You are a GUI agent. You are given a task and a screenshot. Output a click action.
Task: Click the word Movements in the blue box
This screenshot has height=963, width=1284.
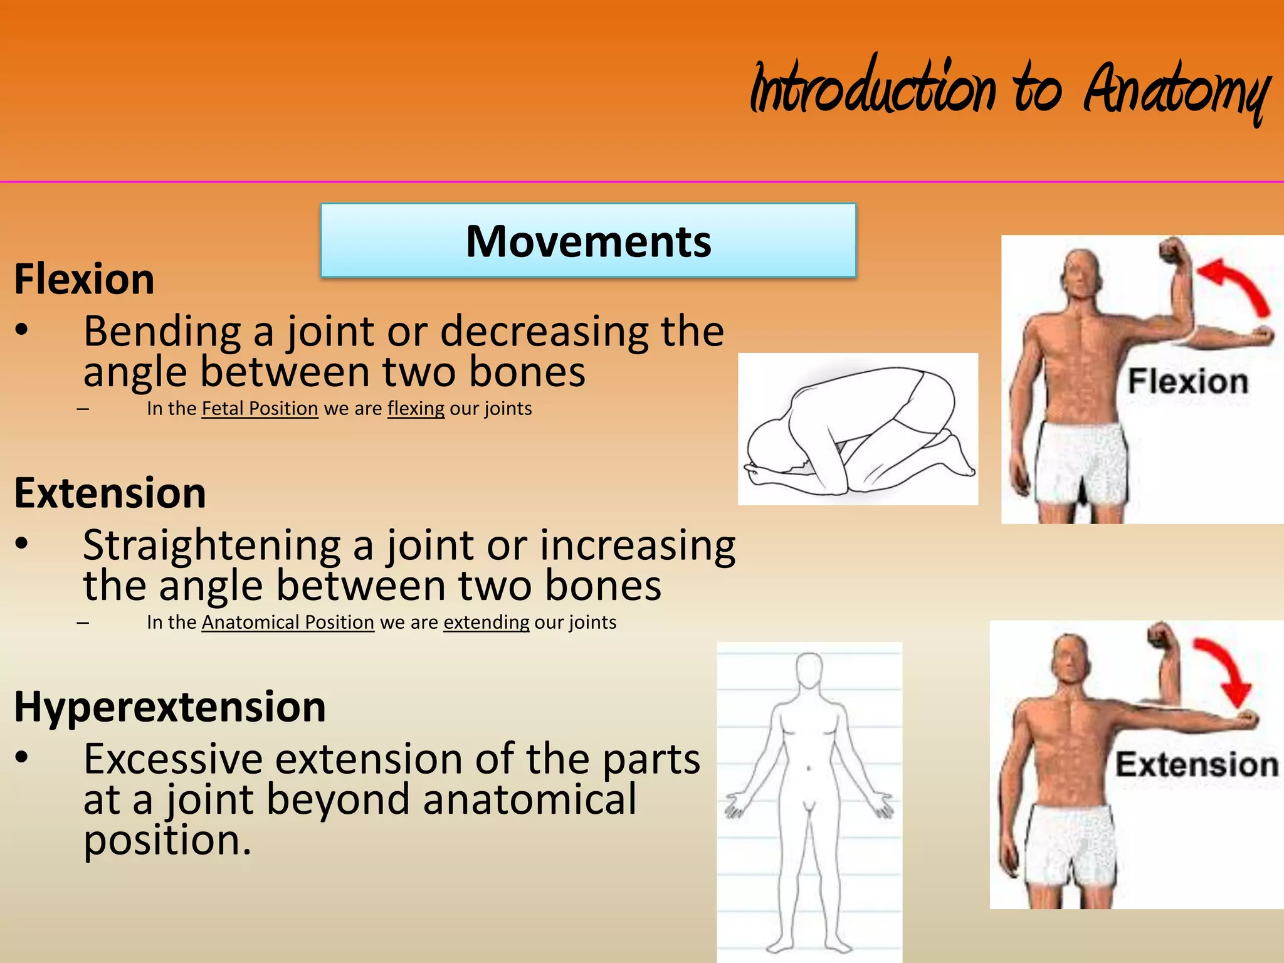point(588,241)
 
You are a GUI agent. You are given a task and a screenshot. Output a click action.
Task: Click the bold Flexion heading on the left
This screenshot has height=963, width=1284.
point(84,279)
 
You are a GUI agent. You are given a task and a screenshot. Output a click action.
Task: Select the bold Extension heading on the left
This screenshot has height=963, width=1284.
point(110,493)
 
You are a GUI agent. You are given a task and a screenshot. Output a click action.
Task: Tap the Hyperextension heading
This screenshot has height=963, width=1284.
point(169,707)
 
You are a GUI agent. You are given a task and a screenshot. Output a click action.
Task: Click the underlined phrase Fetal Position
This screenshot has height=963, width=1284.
point(260,409)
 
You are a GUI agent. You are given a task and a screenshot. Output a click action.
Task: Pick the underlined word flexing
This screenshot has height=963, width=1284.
point(416,409)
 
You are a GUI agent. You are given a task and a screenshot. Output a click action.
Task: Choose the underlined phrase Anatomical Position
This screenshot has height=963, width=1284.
point(288,623)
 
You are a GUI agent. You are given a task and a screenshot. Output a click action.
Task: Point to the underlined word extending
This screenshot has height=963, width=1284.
point(486,623)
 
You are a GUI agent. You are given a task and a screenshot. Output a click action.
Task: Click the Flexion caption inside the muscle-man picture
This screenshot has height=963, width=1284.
point(1187,382)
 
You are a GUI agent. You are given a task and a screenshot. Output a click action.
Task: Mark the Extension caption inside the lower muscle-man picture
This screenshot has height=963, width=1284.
point(1196,765)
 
